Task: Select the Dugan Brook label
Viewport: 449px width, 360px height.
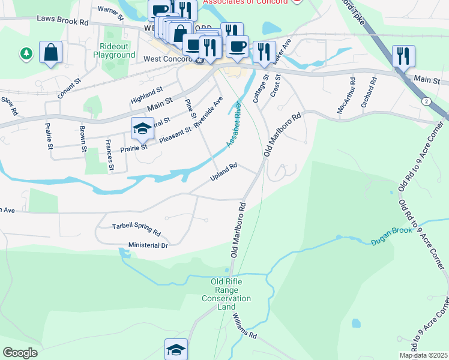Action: click(x=390, y=239)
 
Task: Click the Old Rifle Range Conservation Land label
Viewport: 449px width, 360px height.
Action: click(x=226, y=294)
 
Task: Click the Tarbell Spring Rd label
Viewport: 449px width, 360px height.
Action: click(x=136, y=229)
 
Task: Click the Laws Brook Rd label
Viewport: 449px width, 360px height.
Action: click(x=62, y=20)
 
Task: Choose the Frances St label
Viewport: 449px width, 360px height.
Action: click(x=109, y=155)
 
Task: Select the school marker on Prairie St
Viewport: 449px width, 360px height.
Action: click(x=142, y=128)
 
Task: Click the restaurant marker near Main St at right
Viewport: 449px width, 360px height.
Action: click(x=403, y=56)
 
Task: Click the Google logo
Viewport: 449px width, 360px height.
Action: click(x=20, y=352)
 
